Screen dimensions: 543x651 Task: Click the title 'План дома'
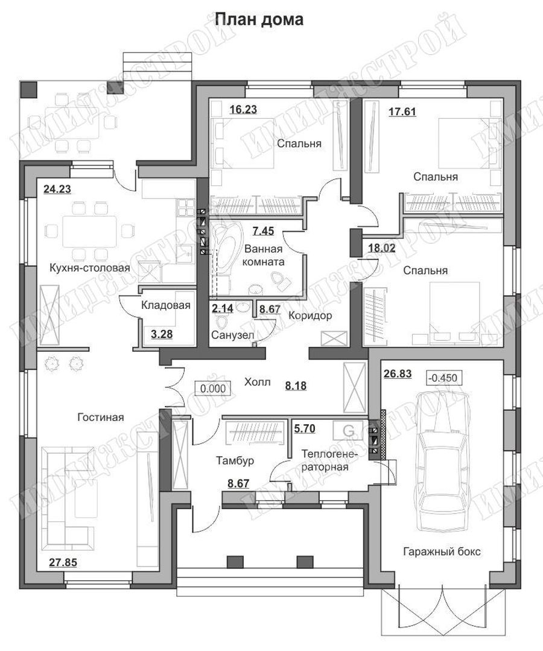(x=259, y=19)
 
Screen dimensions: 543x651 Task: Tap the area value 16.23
(x=243, y=110)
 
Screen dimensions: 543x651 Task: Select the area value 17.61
(x=402, y=112)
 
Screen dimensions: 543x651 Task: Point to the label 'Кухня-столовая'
(x=90, y=268)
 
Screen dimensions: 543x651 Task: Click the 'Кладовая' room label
(x=166, y=305)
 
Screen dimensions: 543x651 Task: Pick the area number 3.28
(x=162, y=334)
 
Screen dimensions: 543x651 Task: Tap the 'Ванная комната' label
(x=264, y=255)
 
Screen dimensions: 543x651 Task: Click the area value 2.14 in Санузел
(x=223, y=309)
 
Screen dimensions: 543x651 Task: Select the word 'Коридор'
(x=310, y=316)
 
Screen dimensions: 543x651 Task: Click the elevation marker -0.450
(x=445, y=378)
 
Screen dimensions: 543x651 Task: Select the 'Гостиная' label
(x=101, y=417)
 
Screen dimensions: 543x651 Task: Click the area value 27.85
(x=63, y=562)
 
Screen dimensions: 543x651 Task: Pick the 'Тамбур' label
(x=235, y=460)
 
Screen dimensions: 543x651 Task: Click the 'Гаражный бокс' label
(x=442, y=552)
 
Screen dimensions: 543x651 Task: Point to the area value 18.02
(x=382, y=249)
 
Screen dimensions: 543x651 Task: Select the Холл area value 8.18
(x=296, y=386)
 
